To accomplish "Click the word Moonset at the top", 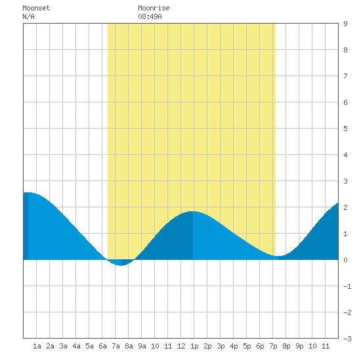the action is [x=36, y=8].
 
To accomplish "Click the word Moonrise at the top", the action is [x=154, y=8].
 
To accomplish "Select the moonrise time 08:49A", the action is [x=150, y=16].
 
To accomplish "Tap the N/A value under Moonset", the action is [x=28, y=16].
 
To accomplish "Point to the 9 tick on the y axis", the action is [x=345, y=24].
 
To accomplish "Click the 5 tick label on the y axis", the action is [x=345, y=129].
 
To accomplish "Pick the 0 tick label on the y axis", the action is [x=345, y=260].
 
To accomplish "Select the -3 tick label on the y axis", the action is [x=347, y=339].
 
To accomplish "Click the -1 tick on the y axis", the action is [x=347, y=286].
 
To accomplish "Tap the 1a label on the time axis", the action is [x=37, y=346].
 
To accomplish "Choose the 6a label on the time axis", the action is [x=102, y=346].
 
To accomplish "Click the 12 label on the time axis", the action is [x=181, y=346].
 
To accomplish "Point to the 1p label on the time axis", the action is [x=194, y=346].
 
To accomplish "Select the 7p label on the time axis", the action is [x=273, y=346].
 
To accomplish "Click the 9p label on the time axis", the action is [x=299, y=346].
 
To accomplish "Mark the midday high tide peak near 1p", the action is [x=193, y=211].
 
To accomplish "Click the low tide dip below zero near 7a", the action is [x=121, y=265].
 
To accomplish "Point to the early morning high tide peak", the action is [x=28, y=192].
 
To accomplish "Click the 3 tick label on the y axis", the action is [x=345, y=181].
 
